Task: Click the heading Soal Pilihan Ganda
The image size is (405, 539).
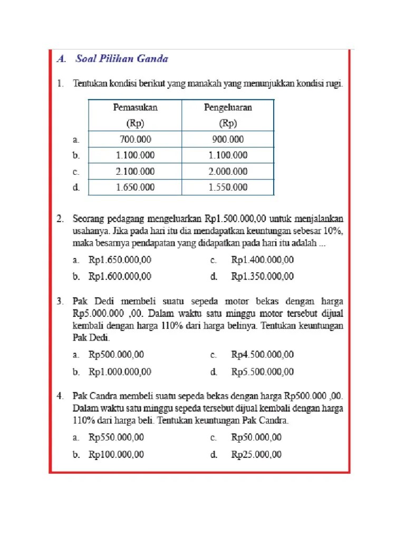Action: (x=121, y=59)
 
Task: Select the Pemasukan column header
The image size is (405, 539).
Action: (x=136, y=115)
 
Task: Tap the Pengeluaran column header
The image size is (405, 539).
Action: (x=228, y=115)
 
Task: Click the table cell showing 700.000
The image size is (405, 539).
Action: (x=136, y=139)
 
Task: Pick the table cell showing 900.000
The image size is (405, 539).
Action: (x=228, y=139)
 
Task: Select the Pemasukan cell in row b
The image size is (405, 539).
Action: (x=136, y=155)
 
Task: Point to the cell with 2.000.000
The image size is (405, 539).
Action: (x=228, y=172)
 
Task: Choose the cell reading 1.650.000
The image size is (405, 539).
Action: (x=136, y=187)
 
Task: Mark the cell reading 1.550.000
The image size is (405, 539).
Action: (x=228, y=187)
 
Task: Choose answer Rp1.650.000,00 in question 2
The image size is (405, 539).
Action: (x=120, y=260)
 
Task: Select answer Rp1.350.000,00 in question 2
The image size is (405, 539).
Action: (x=262, y=276)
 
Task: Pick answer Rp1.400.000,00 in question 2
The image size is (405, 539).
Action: (x=262, y=260)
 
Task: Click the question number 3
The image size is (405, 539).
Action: (x=61, y=302)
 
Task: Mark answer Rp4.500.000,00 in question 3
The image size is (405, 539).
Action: (x=262, y=355)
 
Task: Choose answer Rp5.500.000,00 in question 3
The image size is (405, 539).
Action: (x=262, y=372)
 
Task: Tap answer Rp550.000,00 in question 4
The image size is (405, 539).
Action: (x=116, y=437)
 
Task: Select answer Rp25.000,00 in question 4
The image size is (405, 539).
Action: (x=256, y=454)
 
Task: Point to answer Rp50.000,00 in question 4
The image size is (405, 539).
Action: (x=256, y=437)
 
